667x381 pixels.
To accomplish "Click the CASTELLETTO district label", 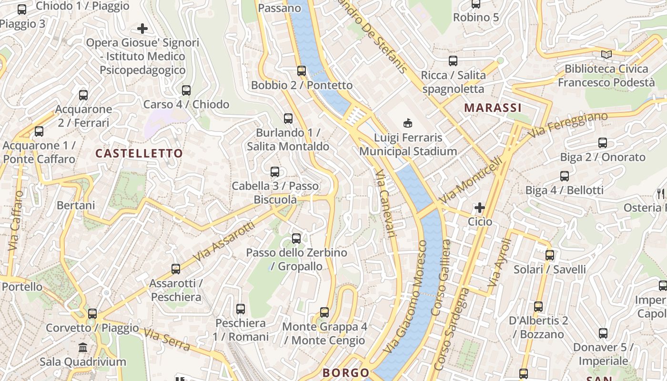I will coord(139,153).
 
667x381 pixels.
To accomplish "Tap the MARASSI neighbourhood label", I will coord(493,108).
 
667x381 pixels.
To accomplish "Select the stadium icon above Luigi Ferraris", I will coord(408,123).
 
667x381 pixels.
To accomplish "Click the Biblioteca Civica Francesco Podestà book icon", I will coord(606,55).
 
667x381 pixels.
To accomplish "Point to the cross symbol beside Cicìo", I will coord(480,208).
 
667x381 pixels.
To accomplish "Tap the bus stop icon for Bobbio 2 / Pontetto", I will coord(302,71).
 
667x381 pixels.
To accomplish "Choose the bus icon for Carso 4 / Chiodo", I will coord(186,90).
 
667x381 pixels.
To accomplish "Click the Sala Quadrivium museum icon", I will coord(83,347).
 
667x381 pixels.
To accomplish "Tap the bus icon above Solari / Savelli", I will coord(550,255).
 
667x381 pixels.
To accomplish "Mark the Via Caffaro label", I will coord(15,221).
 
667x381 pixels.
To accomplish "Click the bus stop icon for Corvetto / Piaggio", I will coord(92,314).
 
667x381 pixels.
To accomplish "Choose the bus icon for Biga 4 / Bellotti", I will coord(565,176).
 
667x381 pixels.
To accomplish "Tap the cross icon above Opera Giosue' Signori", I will coord(142,29).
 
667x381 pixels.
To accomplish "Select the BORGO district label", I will coord(346,373).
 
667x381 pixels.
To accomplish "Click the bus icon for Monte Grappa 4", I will coord(324,312).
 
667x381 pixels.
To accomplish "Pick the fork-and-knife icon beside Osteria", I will coord(660,193).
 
